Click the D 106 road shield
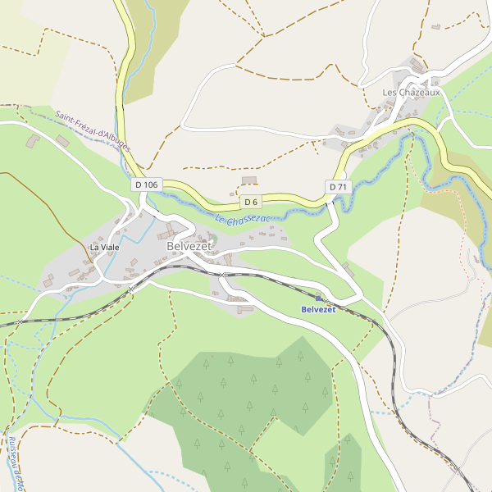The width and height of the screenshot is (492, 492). pyautogui.click(x=146, y=185)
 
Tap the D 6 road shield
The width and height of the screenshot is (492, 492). pyautogui.click(x=251, y=202)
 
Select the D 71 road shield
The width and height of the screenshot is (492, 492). pyautogui.click(x=337, y=187)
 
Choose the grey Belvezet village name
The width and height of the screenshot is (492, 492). pyautogui.click(x=189, y=246)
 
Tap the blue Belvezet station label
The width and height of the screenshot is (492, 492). pyautogui.click(x=318, y=309)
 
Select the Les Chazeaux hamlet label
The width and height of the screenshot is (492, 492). pyautogui.click(x=411, y=93)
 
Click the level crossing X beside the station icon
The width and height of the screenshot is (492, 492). pyautogui.click(x=326, y=302)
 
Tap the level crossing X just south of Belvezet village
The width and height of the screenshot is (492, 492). pyautogui.click(x=222, y=275)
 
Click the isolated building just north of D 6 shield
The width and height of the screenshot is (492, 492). pyautogui.click(x=249, y=180)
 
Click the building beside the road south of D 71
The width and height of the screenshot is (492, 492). pyautogui.click(x=348, y=268)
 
